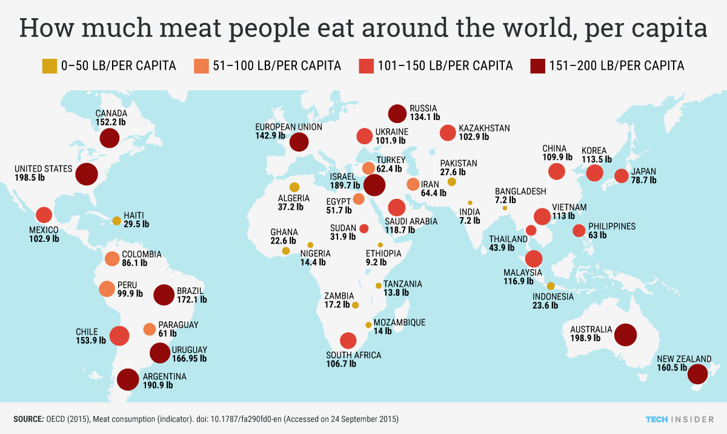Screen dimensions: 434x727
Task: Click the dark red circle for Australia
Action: pos(625,334)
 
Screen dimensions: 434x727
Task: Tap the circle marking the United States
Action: pos(87,174)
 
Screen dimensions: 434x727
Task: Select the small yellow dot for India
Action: pos(470,203)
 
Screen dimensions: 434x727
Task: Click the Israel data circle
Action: pos(374,185)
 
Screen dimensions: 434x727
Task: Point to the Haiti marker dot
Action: pos(116,221)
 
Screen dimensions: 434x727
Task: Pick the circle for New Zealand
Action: pos(697,374)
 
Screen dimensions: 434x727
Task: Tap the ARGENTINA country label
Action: pos(164,376)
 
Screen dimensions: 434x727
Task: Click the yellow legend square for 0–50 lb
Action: pos(49,65)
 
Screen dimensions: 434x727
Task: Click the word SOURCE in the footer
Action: pos(28,419)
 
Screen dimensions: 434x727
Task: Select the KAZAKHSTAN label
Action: pos(484,129)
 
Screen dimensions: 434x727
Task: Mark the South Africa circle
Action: pos(348,341)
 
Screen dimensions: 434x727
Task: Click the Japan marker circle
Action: pos(621,176)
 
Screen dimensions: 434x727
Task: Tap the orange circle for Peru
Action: pos(107,289)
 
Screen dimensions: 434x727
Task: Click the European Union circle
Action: pos(299,142)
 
